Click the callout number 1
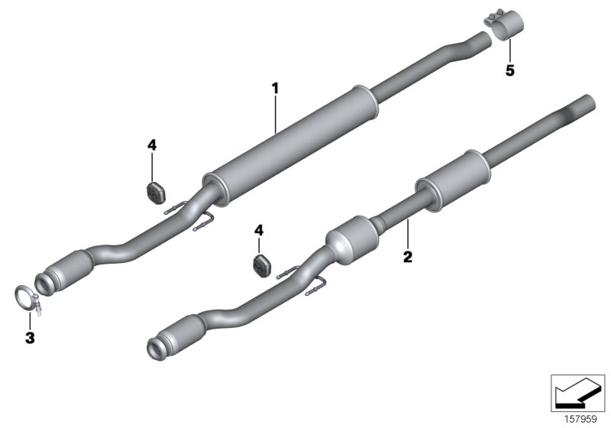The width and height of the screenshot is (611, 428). tap(276, 89)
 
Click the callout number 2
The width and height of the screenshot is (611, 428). tap(407, 257)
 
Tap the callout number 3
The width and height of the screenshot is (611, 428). tap(31, 336)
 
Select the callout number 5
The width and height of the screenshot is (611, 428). tap(509, 70)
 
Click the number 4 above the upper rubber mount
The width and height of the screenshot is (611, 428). tap(151, 144)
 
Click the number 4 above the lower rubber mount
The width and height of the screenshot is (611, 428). tap(260, 229)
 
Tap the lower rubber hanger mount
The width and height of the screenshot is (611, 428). tap(261, 265)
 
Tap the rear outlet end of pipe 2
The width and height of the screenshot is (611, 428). tap(587, 102)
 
